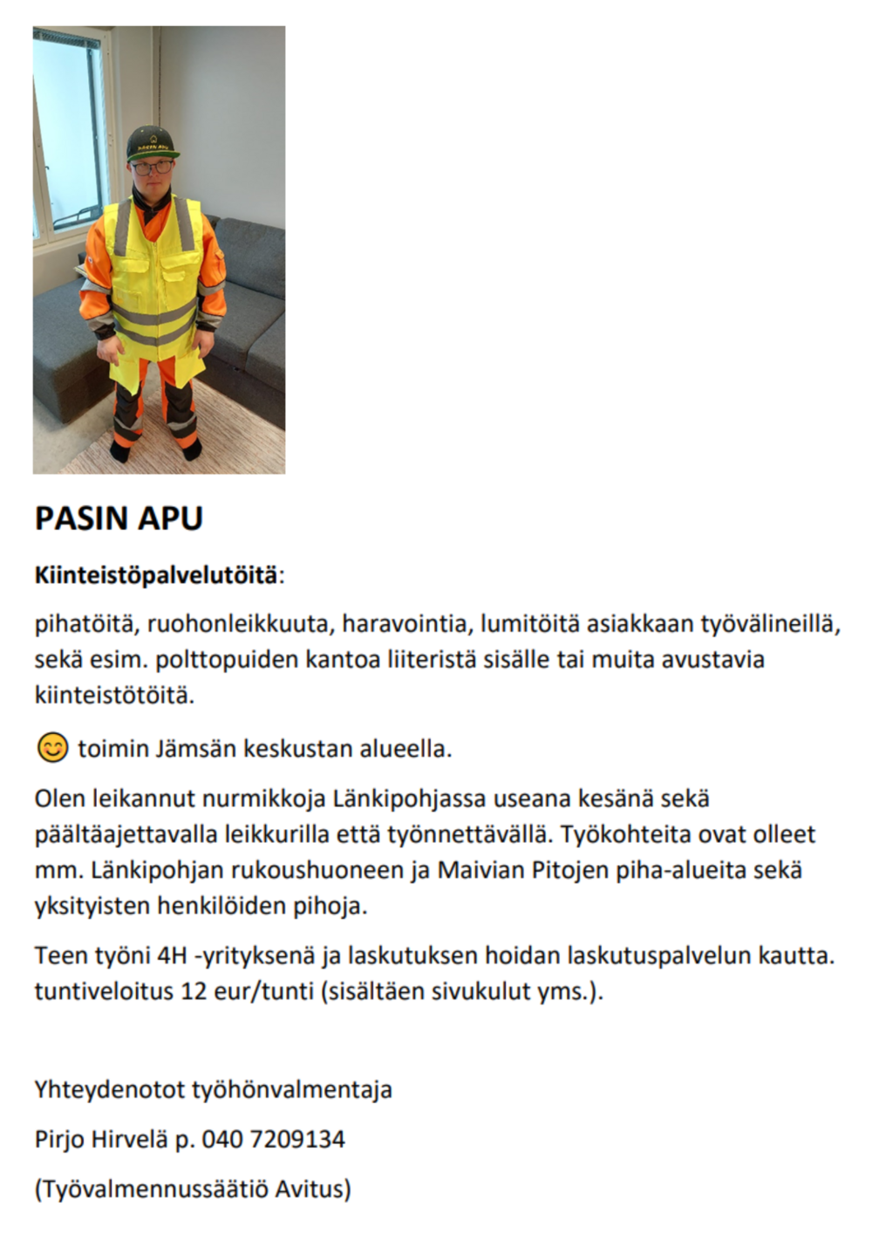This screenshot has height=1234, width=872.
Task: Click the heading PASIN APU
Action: pyautogui.click(x=119, y=518)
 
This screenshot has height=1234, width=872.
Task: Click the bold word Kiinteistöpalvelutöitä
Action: pyautogui.click(x=156, y=576)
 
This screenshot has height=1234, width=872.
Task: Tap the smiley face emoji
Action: pyautogui.click(x=52, y=748)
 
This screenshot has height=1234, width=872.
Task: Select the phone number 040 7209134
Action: pyautogui.click(x=273, y=1139)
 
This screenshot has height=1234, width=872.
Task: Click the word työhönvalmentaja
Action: pyautogui.click(x=291, y=1089)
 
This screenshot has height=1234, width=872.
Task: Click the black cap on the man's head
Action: pyautogui.click(x=153, y=142)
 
